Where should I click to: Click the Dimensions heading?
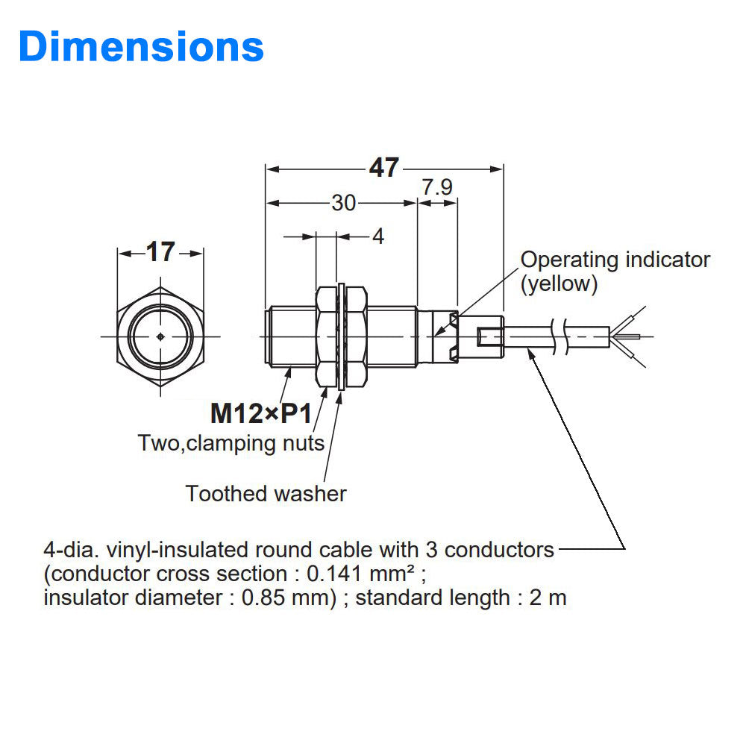[x=141, y=46]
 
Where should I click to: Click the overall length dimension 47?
[x=384, y=168]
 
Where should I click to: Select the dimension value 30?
[x=343, y=202]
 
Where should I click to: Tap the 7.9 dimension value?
[x=437, y=187]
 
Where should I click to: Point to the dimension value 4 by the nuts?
[x=377, y=236]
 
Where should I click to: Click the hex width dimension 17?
[x=160, y=253]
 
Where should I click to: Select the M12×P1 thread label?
[x=260, y=412]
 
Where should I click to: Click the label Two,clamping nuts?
[x=231, y=443]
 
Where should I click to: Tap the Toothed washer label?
[x=266, y=493]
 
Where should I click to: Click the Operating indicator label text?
[x=615, y=260]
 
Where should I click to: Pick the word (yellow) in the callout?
[x=559, y=284]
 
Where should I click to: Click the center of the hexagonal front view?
[x=160, y=336]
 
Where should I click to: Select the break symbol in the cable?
[x=559, y=336]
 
